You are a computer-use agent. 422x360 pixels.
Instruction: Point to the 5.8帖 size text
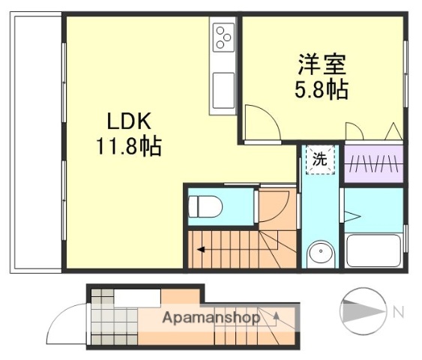pyautogui.click(x=320, y=90)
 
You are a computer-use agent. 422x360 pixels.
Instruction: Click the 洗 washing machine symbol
pyautogui.click(x=320, y=159)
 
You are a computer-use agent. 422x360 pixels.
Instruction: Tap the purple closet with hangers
pyautogui.click(x=373, y=164)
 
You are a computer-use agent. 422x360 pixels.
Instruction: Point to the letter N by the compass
pyautogui.click(x=399, y=310)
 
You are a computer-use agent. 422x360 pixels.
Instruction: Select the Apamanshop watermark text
pyautogui.click(x=211, y=317)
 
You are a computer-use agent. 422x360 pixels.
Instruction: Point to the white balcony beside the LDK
pyautogui.click(x=34, y=142)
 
